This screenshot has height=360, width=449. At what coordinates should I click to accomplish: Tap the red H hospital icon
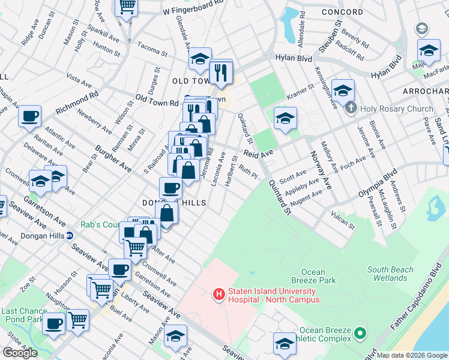tap(219, 294)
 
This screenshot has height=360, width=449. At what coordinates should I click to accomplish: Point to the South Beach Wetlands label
tap(391, 274)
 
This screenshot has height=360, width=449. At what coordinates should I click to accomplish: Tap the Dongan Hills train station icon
tap(70, 235)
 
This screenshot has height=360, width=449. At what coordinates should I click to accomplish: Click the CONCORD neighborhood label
tap(342, 12)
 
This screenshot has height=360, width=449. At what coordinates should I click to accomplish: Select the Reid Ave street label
tap(258, 154)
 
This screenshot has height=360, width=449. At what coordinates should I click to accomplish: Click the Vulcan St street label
tap(341, 220)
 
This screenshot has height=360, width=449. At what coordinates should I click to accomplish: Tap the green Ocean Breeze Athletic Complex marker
tap(360, 332)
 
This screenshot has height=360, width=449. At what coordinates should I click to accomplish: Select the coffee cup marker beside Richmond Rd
tap(29, 116)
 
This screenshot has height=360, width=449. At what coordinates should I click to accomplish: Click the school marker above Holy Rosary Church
tap(343, 91)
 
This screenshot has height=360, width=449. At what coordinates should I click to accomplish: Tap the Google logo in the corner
tap(20, 353)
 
